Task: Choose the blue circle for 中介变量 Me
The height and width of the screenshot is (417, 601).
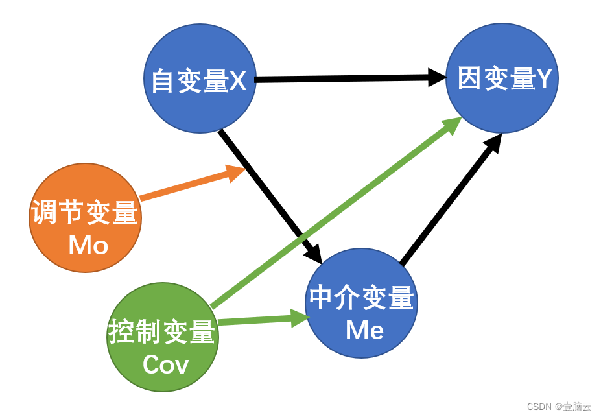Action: [x=361, y=272]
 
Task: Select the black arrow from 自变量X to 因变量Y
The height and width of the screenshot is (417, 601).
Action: [x=350, y=78]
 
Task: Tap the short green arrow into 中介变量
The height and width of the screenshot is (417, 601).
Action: [x=259, y=320]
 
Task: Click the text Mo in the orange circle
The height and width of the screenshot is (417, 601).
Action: [x=88, y=245]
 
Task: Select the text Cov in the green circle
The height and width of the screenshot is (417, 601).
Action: [x=165, y=364]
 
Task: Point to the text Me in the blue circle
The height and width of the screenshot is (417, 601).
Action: [x=364, y=330]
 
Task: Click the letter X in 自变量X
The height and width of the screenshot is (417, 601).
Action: [x=238, y=82]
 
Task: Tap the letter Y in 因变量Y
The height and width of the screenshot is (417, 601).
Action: [x=544, y=78]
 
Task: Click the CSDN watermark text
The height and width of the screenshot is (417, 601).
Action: [x=558, y=407]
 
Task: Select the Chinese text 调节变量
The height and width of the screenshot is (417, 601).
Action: [x=85, y=213]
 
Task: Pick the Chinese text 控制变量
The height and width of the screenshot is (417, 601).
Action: [x=162, y=333]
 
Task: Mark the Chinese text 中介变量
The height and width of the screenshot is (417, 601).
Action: [x=361, y=298]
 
